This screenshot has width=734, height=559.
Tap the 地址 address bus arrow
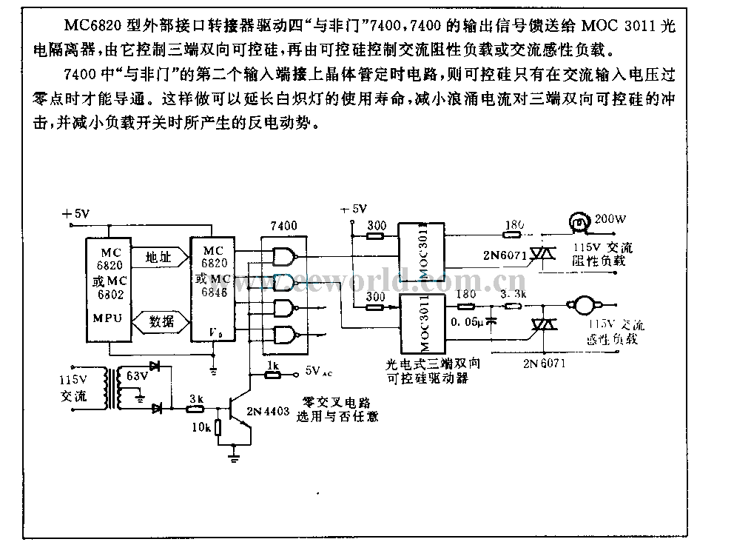tap(159, 258)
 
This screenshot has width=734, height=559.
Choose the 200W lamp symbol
tap(579, 220)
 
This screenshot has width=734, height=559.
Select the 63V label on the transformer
tap(138, 377)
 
